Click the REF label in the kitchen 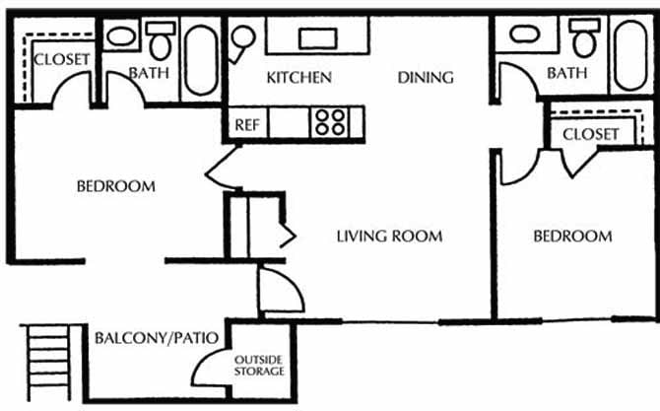click(x=246, y=125)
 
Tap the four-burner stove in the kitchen click(x=331, y=123)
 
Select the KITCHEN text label click(x=299, y=77)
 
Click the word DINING click(x=425, y=77)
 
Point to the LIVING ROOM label click(x=389, y=236)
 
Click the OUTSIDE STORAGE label click(x=259, y=365)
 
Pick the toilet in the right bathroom click(x=585, y=40)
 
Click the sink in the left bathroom click(x=121, y=37)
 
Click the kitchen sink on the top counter click(x=316, y=37)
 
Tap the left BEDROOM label click(x=116, y=185)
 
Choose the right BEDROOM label click(x=572, y=236)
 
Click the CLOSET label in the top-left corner click(x=62, y=59)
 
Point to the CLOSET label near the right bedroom click(x=591, y=133)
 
